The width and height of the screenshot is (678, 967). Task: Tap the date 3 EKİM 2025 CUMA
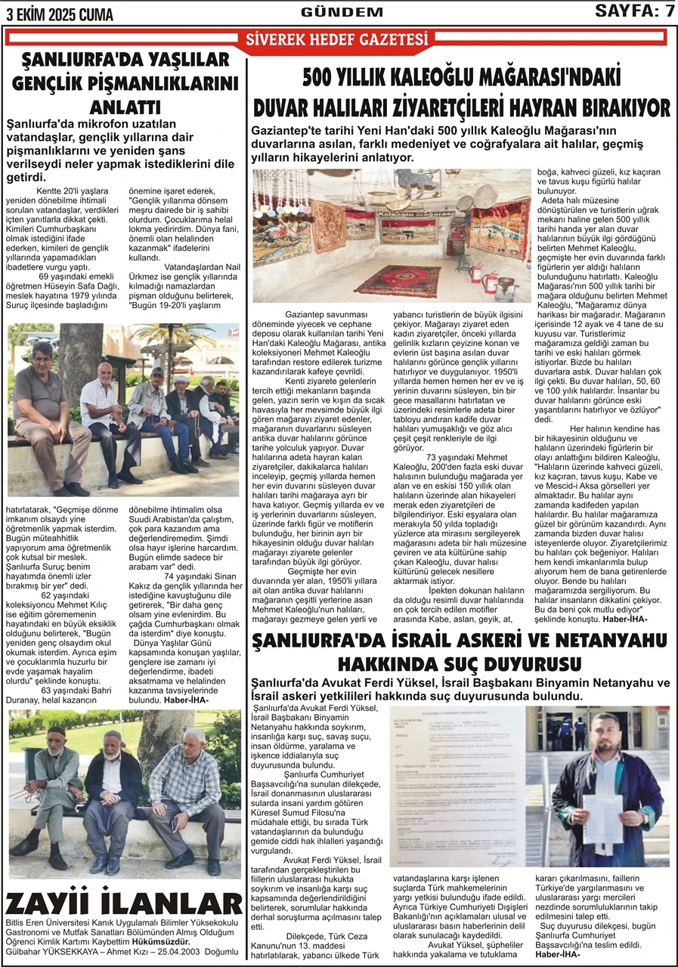pyautogui.click(x=60, y=14)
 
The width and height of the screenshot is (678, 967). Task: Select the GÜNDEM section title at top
pyautogui.click(x=331, y=12)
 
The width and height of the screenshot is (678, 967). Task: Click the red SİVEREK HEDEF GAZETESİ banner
pyautogui.click(x=332, y=40)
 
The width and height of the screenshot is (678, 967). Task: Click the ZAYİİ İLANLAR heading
pyautogui.click(x=124, y=904)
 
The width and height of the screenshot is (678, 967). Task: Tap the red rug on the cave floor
pyautogui.click(x=396, y=280)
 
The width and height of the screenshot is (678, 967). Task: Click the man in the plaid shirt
pyautogui.click(x=186, y=793)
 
